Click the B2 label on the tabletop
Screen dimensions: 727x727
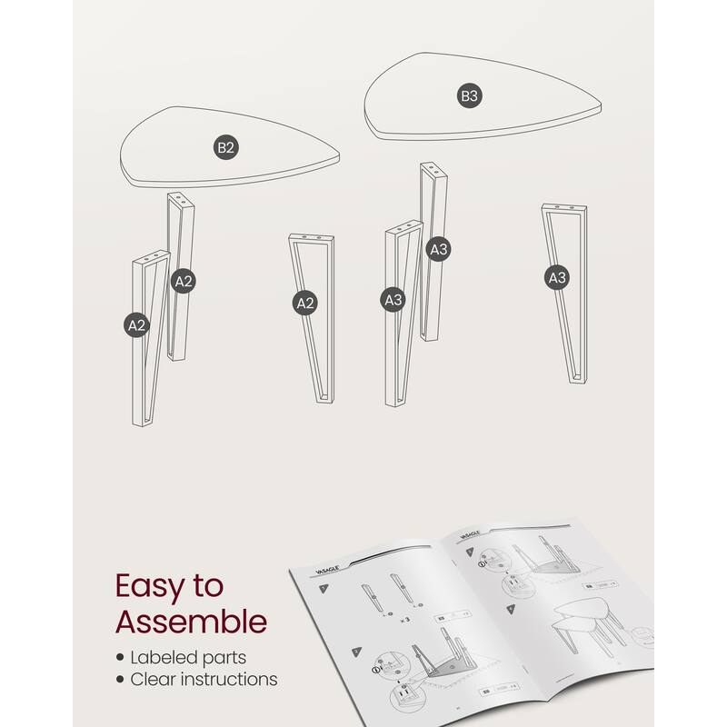coord(226,148)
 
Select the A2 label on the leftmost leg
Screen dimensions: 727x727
coord(137,324)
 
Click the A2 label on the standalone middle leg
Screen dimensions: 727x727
coord(305,304)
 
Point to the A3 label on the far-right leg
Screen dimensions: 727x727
coord(557,277)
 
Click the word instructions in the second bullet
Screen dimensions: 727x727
coord(231,679)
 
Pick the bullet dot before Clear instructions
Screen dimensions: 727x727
coord(120,680)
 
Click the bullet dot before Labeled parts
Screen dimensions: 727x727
coord(120,657)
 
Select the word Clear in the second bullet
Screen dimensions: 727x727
coord(156,679)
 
